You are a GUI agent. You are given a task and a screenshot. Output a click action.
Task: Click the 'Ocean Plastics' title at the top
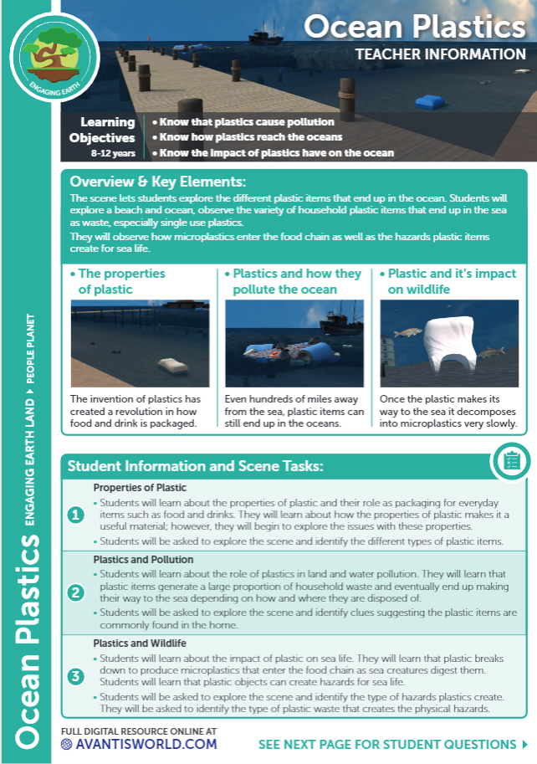click(414, 27)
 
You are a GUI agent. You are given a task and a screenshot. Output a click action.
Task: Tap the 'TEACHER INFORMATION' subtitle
click(440, 55)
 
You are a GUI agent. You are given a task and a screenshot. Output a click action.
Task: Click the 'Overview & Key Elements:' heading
click(158, 182)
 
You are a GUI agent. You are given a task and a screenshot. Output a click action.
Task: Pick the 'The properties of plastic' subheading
click(121, 281)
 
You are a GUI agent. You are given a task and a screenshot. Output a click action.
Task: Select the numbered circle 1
click(76, 515)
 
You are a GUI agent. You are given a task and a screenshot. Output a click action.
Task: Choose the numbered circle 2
click(76, 593)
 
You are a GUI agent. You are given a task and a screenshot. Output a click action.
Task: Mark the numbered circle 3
click(76, 674)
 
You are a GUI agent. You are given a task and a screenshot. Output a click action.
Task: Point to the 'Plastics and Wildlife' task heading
click(139, 644)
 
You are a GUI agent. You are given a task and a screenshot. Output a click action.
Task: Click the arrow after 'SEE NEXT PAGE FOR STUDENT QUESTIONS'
click(524, 744)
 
